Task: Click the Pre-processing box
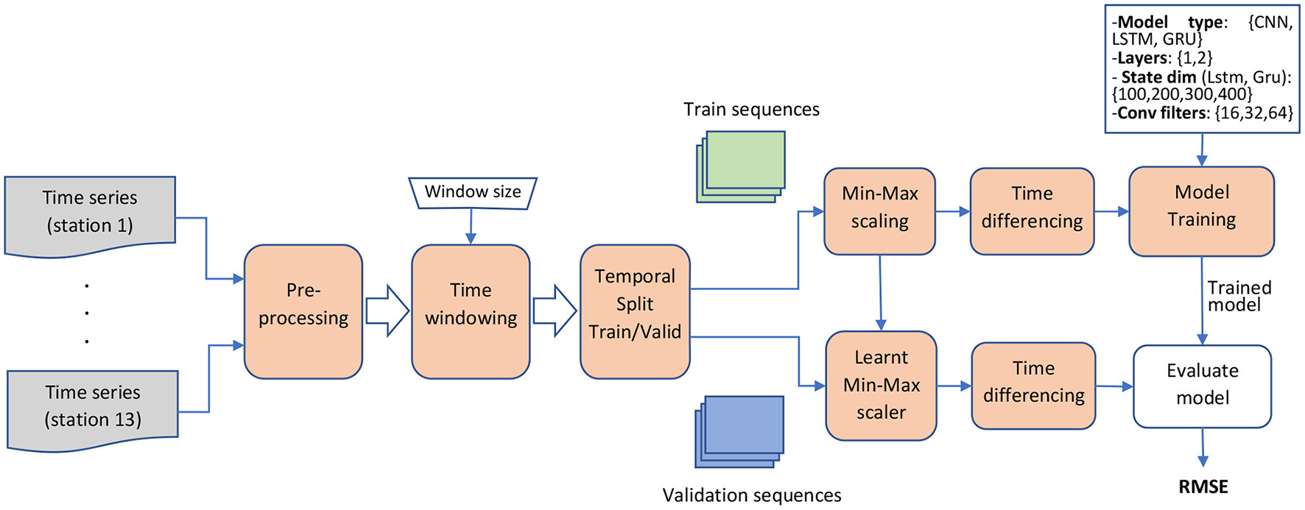tap(303, 311)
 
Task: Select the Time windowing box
tap(470, 311)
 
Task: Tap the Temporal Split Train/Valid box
tap(634, 311)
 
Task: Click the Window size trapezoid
tap(472, 193)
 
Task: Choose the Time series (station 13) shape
tap(93, 406)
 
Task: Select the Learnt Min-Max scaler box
tap(881, 385)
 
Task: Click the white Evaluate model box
tap(1202, 385)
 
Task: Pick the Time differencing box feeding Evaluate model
tap(1033, 385)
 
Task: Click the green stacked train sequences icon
tap(741, 166)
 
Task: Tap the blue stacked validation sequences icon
tap(740, 431)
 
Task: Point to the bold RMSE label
tap(1203, 486)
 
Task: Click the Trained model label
tap(1239, 296)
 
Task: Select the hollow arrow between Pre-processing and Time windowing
tap(387, 311)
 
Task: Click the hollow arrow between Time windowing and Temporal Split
tap(555, 311)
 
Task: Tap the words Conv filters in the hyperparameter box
tap(1163, 113)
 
